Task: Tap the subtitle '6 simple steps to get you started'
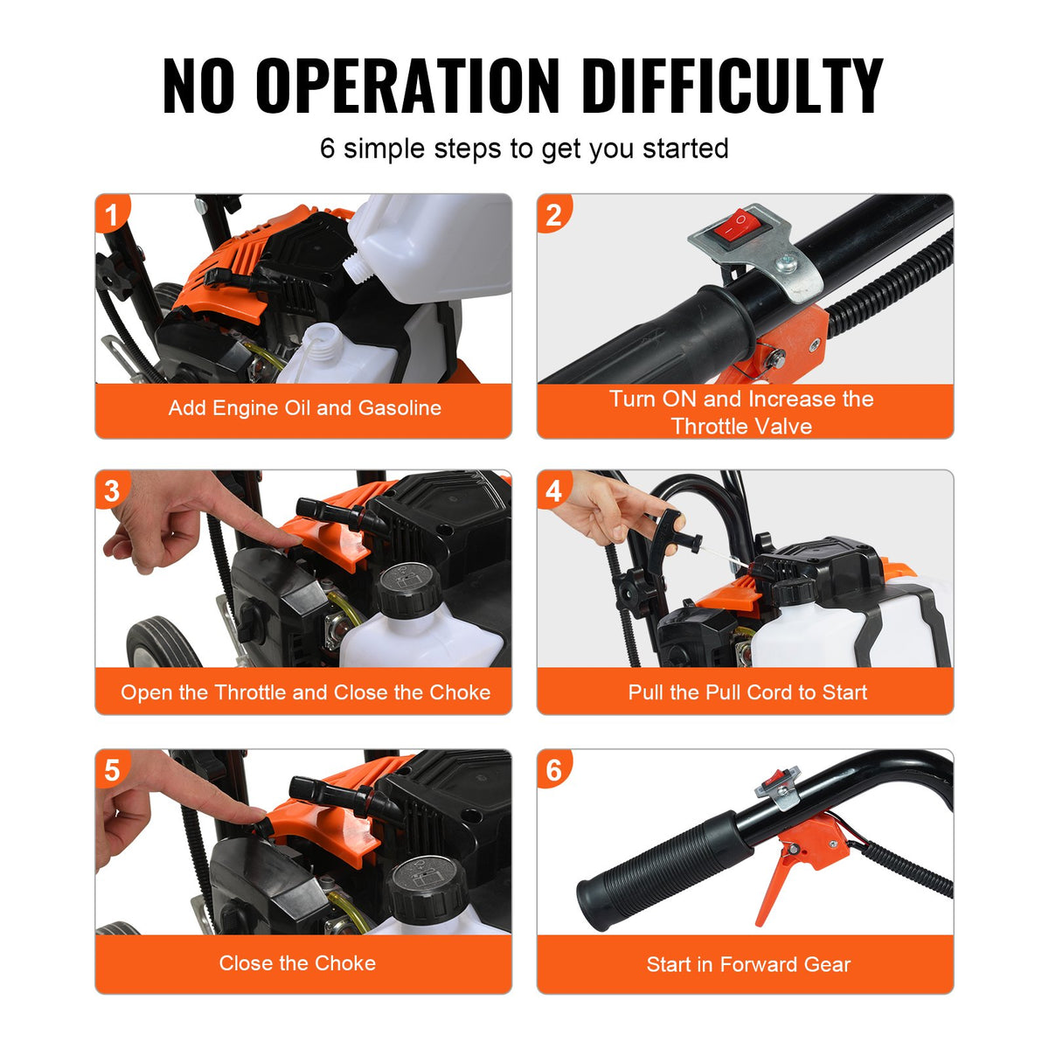pos(524,149)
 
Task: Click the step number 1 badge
pos(111,214)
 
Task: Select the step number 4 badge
pos(554,490)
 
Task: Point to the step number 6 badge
pos(554,769)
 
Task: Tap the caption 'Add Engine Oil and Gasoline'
pos(304,408)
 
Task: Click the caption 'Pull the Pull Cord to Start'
pos(747,692)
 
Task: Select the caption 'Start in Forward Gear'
pos(748,964)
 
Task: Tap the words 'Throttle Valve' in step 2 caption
pos(741,426)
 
